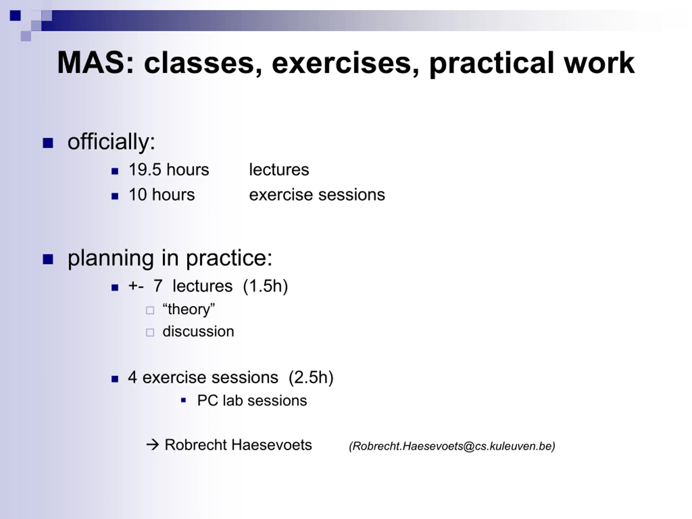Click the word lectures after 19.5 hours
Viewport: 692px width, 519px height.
pyautogui.click(x=279, y=170)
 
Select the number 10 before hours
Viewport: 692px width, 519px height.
pyautogui.click(x=138, y=195)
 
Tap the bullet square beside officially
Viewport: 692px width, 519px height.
pyautogui.click(x=48, y=143)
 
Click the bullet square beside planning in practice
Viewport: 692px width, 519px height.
pyautogui.click(x=48, y=259)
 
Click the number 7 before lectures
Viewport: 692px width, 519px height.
pyautogui.click(x=158, y=286)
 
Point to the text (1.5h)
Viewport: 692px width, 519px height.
pyautogui.click(x=265, y=286)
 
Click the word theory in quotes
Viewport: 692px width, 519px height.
pyautogui.click(x=189, y=310)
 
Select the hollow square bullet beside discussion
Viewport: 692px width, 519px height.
pyautogui.click(x=150, y=332)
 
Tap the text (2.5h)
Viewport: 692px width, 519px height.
pyautogui.click(x=311, y=377)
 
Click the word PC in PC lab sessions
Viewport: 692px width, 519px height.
pyautogui.click(x=207, y=400)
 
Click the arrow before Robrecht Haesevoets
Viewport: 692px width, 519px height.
pyautogui.click(x=153, y=445)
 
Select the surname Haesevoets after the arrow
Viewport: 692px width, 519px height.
pyautogui.click(x=272, y=445)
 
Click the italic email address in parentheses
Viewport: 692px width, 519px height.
pyautogui.click(x=452, y=446)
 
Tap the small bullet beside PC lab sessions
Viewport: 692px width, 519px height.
pyautogui.click(x=184, y=400)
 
